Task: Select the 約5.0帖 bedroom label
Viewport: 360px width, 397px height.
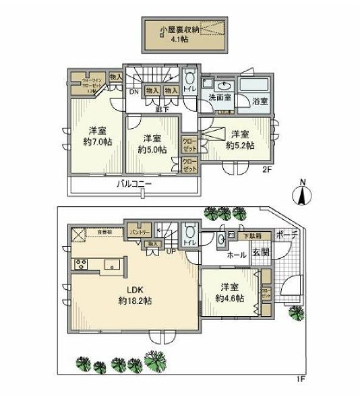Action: [152, 144]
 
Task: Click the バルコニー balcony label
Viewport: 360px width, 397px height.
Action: [133, 183]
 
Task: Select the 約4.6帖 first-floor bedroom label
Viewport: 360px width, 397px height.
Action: [229, 292]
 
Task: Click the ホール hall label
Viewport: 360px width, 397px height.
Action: [237, 255]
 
